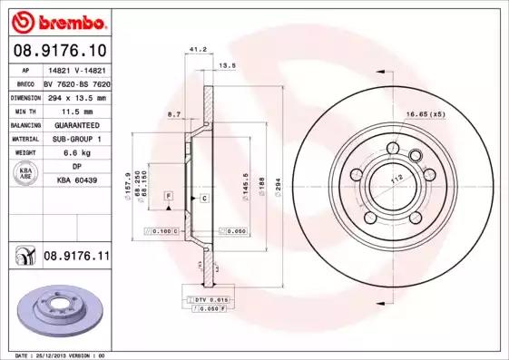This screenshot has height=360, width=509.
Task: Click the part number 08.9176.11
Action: pyautogui.click(x=75, y=258)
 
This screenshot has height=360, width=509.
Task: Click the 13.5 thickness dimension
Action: pyautogui.click(x=229, y=66)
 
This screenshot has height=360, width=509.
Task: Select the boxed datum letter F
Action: pyautogui.click(x=168, y=196)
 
